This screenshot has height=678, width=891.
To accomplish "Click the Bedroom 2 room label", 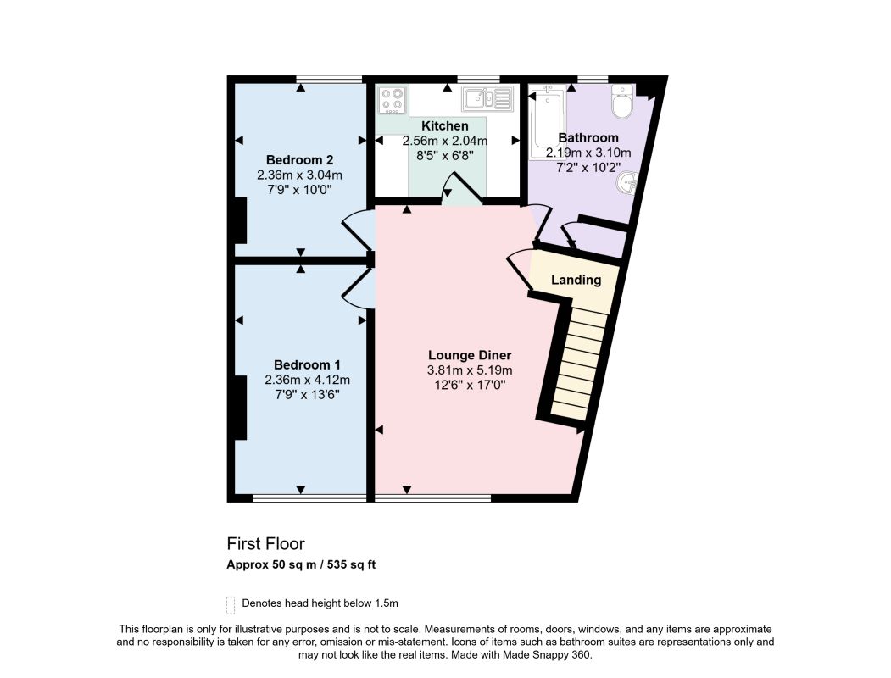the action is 299,160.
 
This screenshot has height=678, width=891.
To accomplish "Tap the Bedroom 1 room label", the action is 307,365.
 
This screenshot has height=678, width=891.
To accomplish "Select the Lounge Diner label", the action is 470,355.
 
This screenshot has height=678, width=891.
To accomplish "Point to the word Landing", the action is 576,280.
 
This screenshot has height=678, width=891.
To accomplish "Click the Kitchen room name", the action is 445,126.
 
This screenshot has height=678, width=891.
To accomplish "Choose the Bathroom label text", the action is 588,138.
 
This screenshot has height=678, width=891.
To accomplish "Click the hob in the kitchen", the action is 393,99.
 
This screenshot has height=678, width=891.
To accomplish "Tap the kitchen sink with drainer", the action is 487,99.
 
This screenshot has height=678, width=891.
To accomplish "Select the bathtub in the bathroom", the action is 547,122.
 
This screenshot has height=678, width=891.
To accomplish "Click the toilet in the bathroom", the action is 622,102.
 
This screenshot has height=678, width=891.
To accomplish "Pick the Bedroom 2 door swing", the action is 358,230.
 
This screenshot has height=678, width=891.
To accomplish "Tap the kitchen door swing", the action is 461,188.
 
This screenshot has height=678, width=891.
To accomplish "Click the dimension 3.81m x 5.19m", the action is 470,371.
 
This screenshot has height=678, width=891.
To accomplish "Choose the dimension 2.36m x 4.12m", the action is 307,380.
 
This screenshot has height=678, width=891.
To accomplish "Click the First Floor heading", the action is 266,544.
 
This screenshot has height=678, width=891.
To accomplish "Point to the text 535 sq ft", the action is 351,565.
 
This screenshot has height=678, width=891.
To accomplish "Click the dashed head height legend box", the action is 230,605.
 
